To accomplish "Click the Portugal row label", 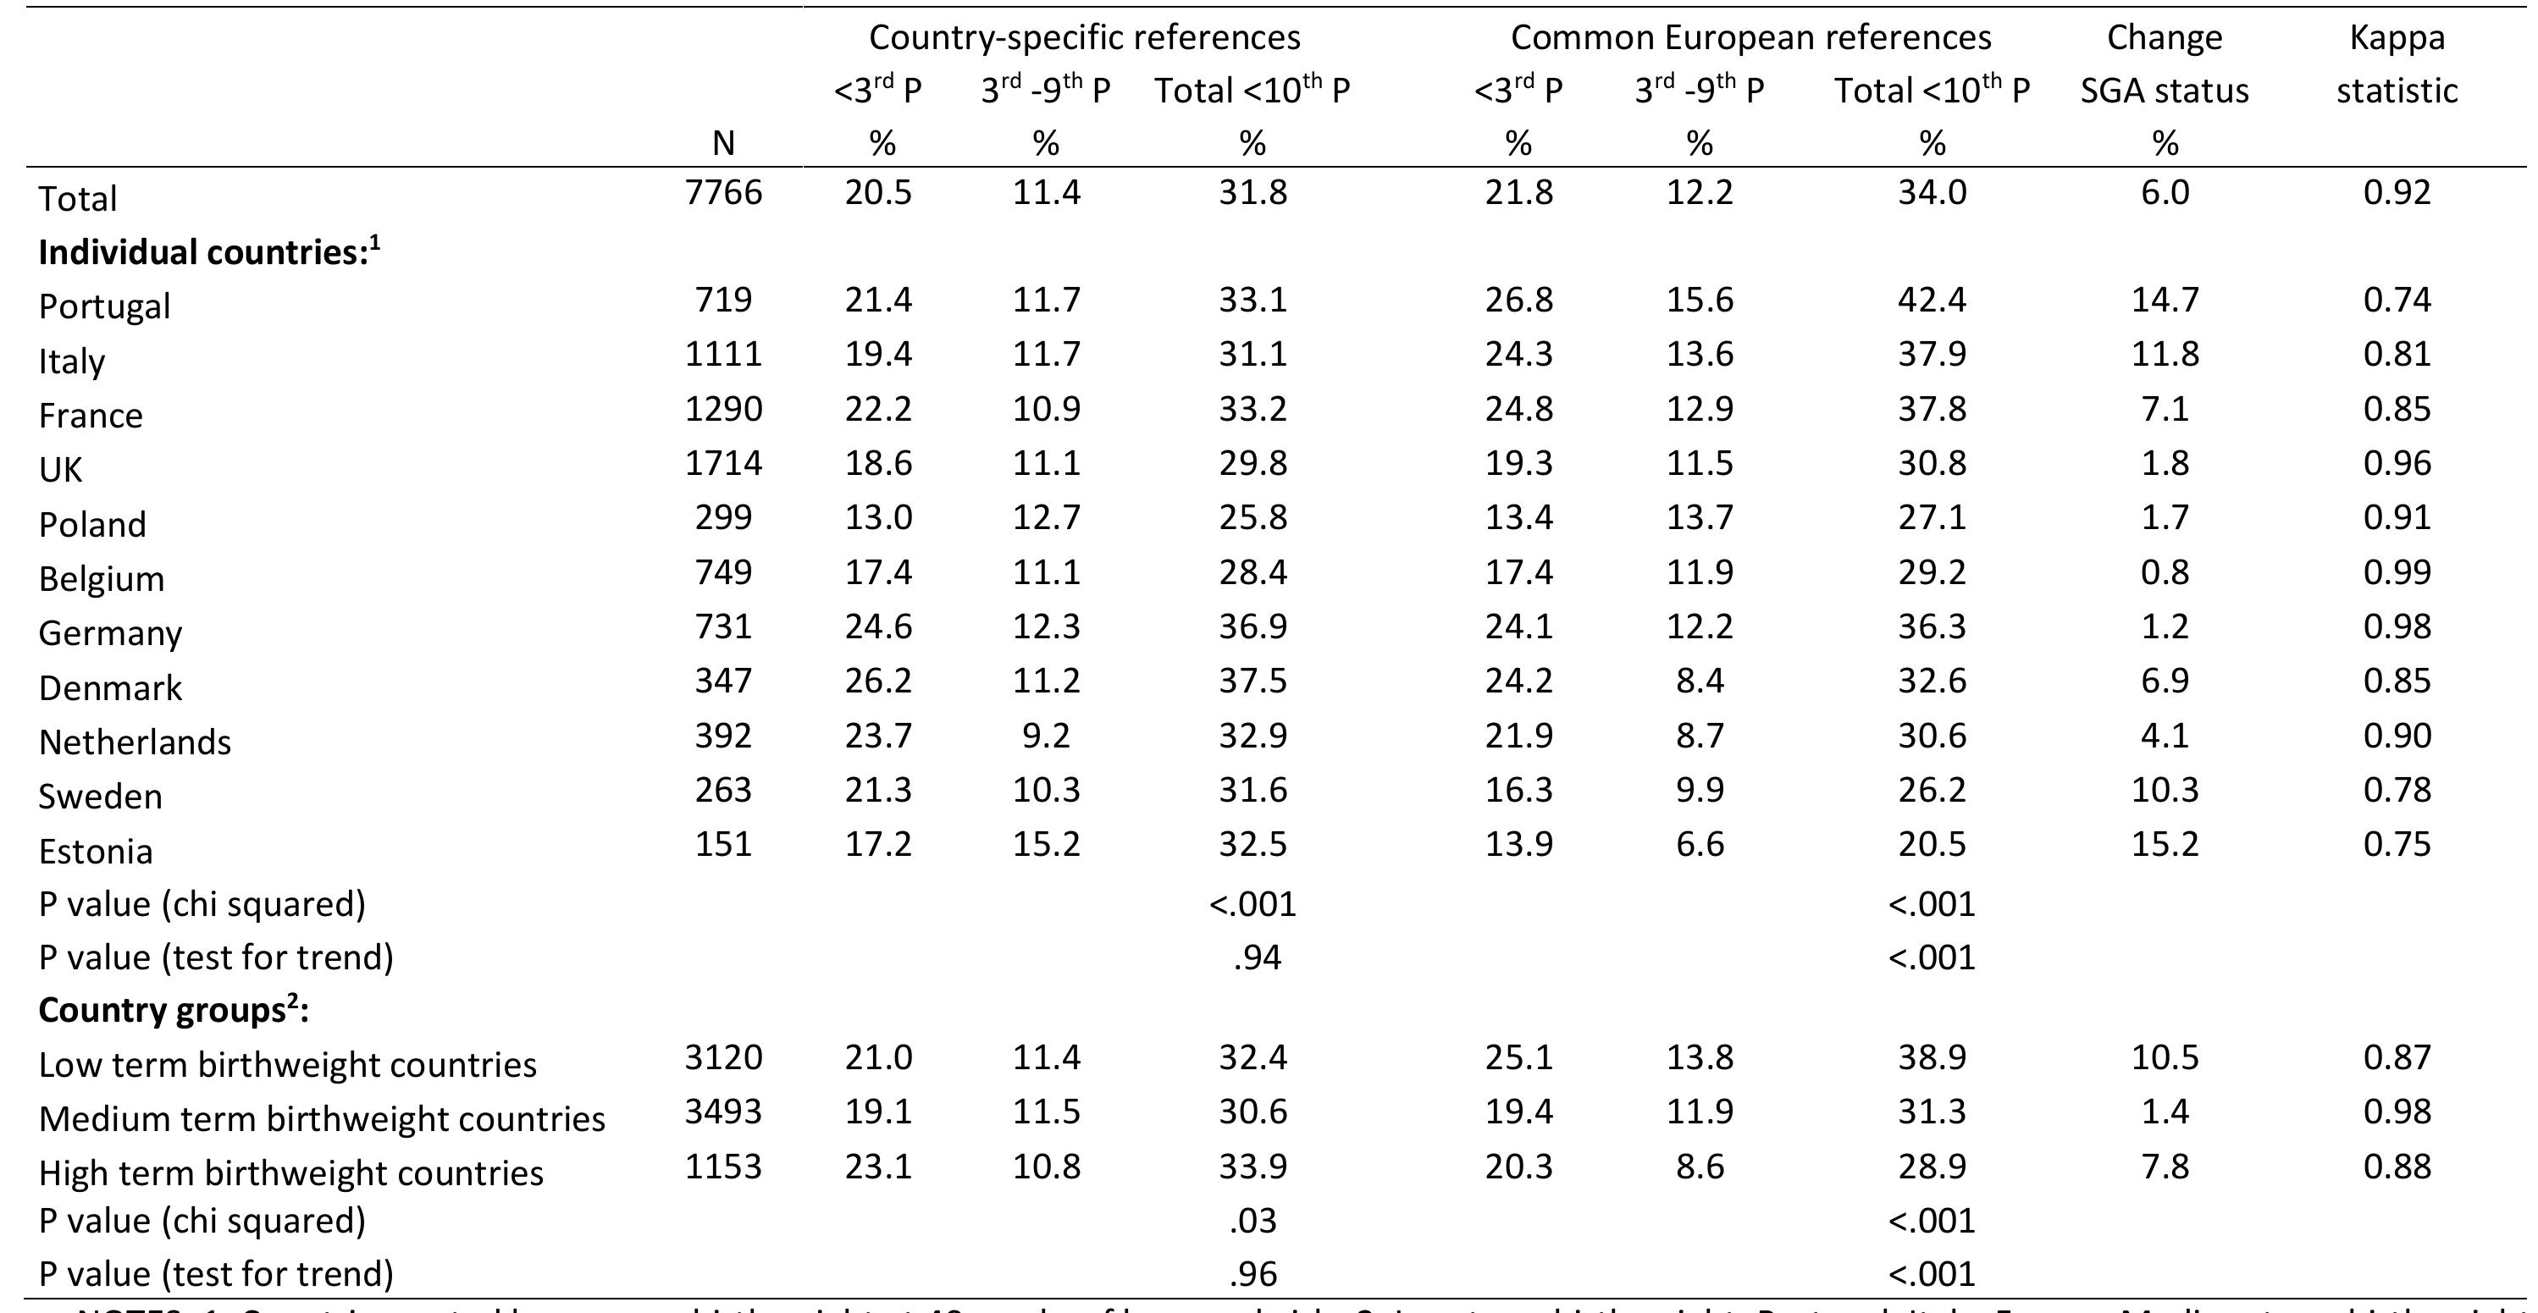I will pyautogui.click(x=104, y=306).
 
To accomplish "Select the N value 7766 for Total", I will pyautogui.click(x=723, y=191).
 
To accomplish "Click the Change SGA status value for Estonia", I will pyautogui.click(x=2164, y=844).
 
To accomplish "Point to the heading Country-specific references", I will pyautogui.click(x=1084, y=37).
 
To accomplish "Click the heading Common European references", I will pyautogui.click(x=1750, y=37).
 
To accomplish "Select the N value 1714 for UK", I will pyautogui.click(x=723, y=462).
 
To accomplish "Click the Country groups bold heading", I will pyautogui.click(x=174, y=1011).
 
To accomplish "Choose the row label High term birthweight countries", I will pyautogui.click(x=290, y=1173).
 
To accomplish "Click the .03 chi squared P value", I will pyautogui.click(x=1252, y=1221).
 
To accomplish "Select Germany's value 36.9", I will pyautogui.click(x=1252, y=626).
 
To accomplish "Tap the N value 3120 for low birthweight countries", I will pyautogui.click(x=723, y=1056).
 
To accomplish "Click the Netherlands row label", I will pyautogui.click(x=135, y=742).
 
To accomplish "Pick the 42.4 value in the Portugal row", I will pyautogui.click(x=1931, y=300).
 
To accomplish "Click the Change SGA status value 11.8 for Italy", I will pyautogui.click(x=2164, y=354).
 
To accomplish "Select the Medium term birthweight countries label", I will pyautogui.click(x=322, y=1119).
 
